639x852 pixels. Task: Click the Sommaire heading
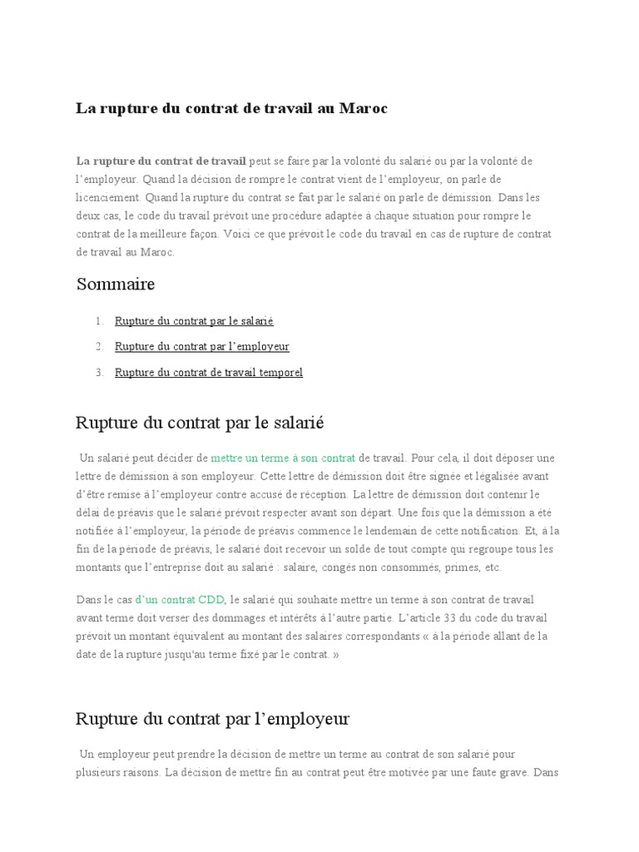click(x=116, y=285)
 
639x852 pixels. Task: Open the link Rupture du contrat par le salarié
click(x=194, y=320)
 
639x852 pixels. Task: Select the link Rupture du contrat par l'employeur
click(x=202, y=346)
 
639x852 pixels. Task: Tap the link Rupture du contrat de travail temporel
click(x=209, y=372)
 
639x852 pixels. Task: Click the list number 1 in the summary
click(x=99, y=320)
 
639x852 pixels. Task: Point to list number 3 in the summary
click(x=99, y=372)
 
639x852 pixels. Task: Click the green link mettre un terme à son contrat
click(x=283, y=458)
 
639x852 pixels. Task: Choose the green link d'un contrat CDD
click(x=179, y=599)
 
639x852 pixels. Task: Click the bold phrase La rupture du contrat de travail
click(x=161, y=161)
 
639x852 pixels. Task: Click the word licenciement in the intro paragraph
click(x=107, y=198)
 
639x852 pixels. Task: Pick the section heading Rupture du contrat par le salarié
click(x=200, y=423)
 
